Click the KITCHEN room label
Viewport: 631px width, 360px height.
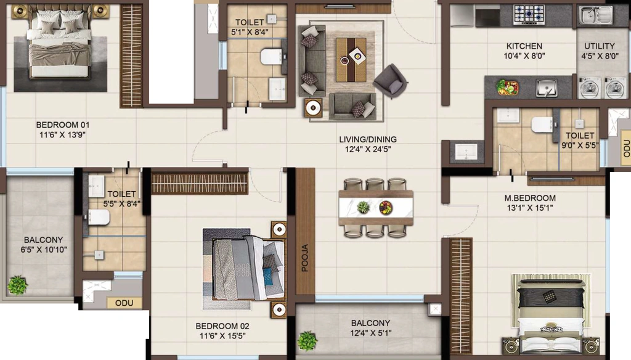(x=524, y=46)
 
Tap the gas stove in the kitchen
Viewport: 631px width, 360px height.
(x=529, y=15)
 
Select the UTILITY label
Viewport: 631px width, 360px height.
(x=599, y=46)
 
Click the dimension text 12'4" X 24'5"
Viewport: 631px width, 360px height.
(x=368, y=149)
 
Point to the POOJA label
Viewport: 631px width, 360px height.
(x=305, y=258)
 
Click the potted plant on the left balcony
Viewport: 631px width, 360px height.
(x=17, y=285)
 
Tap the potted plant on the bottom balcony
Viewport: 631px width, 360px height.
(x=307, y=341)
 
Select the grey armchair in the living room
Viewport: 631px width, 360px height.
(x=390, y=81)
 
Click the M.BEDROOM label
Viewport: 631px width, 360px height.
(x=530, y=198)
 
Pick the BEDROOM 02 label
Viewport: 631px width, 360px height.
(x=222, y=326)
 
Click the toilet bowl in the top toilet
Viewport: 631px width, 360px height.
(x=271, y=56)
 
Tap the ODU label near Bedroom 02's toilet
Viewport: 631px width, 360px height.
(x=124, y=303)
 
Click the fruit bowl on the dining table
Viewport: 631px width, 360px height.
(x=386, y=208)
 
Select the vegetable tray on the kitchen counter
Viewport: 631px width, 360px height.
(x=507, y=87)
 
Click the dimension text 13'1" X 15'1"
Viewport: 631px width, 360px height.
(x=530, y=208)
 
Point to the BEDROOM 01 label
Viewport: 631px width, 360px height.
(x=63, y=125)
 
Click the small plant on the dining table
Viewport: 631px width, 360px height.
(x=363, y=207)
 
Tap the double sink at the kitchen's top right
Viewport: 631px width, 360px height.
(x=596, y=15)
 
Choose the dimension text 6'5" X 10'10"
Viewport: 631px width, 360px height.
(x=44, y=250)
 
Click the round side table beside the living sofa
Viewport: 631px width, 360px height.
(x=313, y=107)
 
